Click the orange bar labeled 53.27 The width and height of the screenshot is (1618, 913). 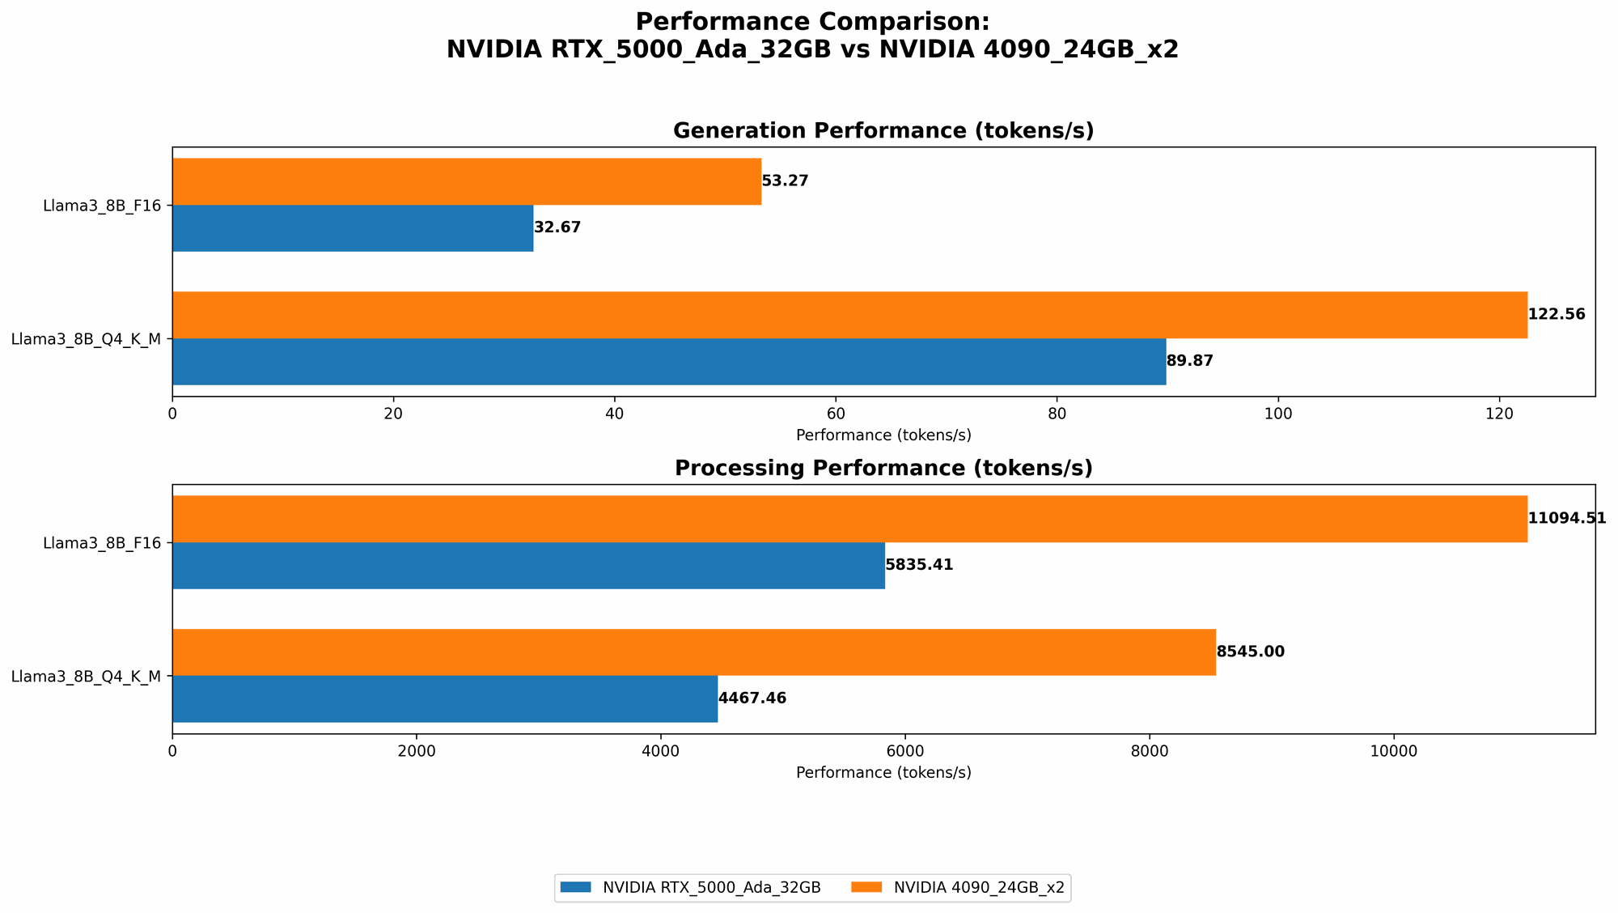[467, 181]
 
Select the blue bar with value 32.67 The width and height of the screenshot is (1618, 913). [353, 228]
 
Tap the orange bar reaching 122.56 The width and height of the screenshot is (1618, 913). [849, 315]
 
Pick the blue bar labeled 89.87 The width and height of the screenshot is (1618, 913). [669, 361]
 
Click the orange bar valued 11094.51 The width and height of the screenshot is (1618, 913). [849, 519]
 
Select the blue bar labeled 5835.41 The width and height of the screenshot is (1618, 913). [528, 565]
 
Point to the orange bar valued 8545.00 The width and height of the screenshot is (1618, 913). [694, 652]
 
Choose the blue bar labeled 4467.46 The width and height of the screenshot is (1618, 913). [445, 699]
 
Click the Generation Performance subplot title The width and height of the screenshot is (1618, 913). [883, 131]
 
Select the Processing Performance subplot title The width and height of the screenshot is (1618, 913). [883, 469]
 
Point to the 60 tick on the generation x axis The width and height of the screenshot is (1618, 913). [836, 413]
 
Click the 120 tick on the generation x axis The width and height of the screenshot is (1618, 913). [1499, 413]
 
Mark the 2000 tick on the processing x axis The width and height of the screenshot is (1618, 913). [417, 750]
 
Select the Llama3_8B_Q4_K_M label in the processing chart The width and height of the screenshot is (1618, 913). [86, 676]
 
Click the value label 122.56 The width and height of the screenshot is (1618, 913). [1557, 315]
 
